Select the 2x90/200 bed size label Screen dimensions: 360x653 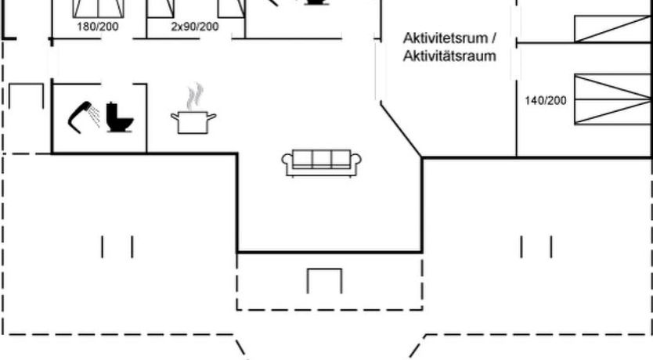[195, 26]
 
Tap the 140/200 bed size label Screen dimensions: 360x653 [545, 100]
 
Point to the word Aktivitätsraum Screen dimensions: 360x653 [450, 56]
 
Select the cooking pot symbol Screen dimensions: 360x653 [193, 121]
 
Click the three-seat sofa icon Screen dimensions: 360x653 [322, 161]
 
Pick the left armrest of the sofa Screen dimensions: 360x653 [287, 162]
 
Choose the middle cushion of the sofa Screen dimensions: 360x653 [322, 159]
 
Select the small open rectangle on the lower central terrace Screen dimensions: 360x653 [324, 280]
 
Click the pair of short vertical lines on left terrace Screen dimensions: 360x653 [117, 247]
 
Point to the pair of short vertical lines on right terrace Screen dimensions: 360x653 [536, 247]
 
